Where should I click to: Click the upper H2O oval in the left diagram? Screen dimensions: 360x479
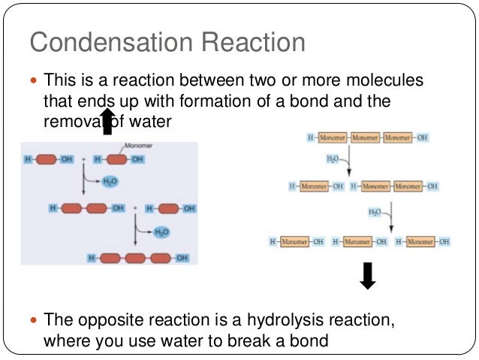tap(110, 181)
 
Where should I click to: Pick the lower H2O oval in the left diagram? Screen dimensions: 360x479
tap(161, 232)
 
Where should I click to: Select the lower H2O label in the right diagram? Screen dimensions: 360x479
tap(375, 213)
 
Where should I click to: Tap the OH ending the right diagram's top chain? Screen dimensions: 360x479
tap(422, 139)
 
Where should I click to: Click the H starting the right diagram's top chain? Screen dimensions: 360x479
tap(310, 139)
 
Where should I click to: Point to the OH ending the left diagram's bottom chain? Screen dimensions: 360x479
tap(182, 258)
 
